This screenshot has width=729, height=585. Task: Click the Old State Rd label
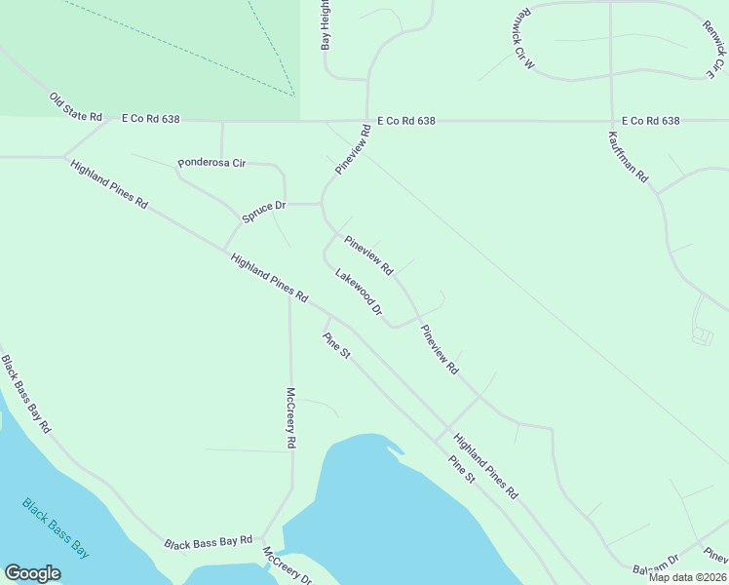(76, 107)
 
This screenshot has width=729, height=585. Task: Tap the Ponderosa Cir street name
(211, 163)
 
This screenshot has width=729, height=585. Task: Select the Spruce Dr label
(263, 212)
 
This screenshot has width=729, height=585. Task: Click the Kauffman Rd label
(629, 157)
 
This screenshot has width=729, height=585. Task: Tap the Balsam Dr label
(655, 565)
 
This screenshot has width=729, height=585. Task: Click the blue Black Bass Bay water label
(56, 528)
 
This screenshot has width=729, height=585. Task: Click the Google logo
(32, 573)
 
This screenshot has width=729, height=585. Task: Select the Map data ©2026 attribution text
(687, 577)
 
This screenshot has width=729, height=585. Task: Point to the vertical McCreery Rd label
(290, 417)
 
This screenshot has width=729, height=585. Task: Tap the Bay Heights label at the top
(326, 24)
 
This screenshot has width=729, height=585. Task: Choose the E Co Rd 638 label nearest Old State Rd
(151, 118)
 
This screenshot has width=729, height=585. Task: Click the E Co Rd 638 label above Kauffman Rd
(649, 121)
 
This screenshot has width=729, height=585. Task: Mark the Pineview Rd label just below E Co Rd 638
(354, 149)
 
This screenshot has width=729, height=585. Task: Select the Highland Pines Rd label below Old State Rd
(109, 184)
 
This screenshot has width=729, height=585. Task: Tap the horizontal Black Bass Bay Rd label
(209, 541)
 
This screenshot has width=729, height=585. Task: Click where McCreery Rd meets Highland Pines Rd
(289, 290)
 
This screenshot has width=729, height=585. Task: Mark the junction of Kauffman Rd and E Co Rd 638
(611, 122)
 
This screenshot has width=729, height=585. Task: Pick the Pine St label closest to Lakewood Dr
(336, 346)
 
